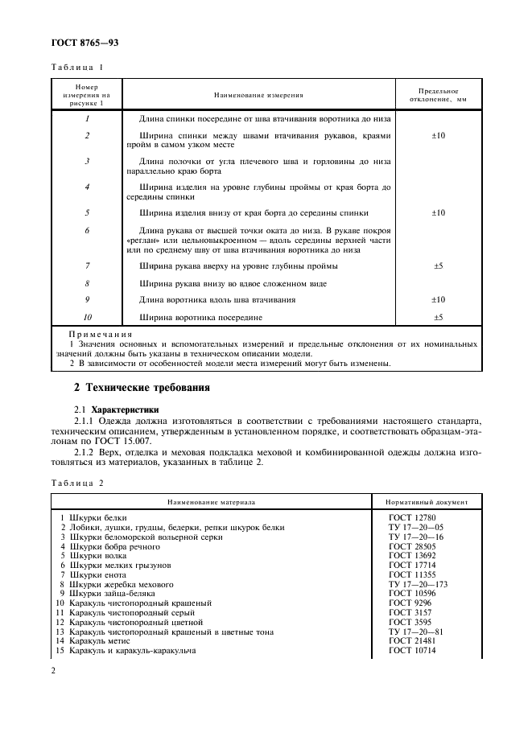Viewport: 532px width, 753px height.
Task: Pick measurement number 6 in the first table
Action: point(86,230)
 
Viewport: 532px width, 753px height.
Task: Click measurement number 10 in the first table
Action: point(86,317)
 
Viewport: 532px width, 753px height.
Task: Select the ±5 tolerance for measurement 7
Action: point(439,265)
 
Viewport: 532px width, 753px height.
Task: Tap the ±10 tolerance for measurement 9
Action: point(439,299)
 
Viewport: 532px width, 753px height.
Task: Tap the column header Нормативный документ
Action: point(434,501)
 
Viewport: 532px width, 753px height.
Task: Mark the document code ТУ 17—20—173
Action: point(418,585)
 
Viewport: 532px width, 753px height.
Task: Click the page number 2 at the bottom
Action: point(52,669)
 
